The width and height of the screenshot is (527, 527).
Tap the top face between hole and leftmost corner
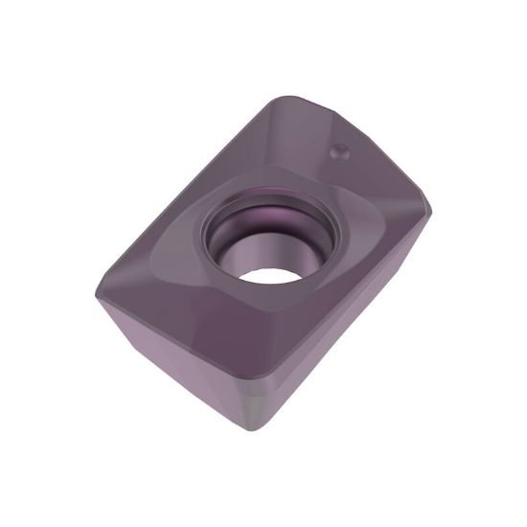153,278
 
